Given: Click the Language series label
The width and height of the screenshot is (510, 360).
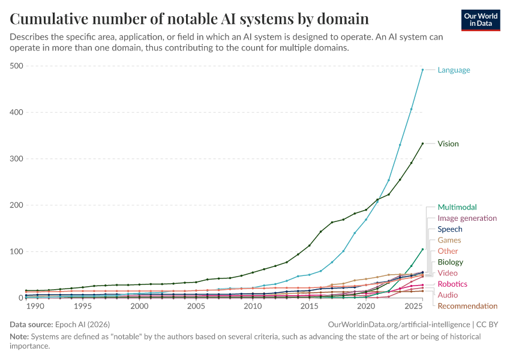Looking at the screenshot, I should point(454,70).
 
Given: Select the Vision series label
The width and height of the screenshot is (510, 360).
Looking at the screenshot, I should point(448,144).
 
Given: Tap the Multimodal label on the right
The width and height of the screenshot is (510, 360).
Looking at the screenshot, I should point(457,208).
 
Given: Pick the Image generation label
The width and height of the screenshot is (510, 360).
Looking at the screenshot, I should point(467,218).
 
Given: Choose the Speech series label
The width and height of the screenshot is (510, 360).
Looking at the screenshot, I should point(449,229).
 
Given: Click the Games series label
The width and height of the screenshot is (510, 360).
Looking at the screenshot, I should point(449,241).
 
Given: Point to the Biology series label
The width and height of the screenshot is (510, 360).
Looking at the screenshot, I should point(450,262).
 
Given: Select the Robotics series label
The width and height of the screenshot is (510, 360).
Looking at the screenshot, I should point(452,284).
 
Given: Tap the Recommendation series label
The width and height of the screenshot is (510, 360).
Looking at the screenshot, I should point(467,306).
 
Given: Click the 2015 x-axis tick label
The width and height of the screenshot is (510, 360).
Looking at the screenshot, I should point(310,307).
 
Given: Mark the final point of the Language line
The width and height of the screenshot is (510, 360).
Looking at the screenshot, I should point(422,70).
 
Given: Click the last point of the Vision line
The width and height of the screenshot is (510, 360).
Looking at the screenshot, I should point(422,143).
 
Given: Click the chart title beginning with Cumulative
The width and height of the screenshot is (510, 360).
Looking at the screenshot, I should point(189,19).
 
